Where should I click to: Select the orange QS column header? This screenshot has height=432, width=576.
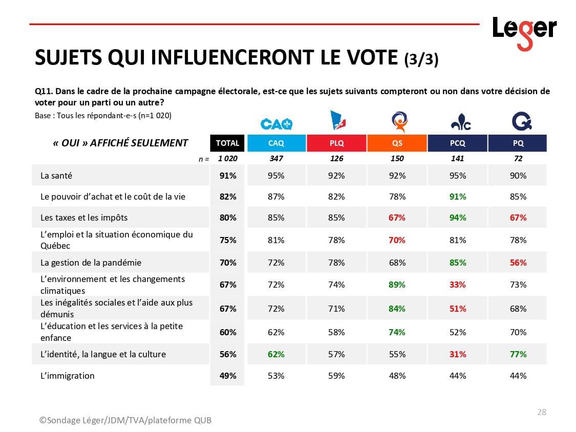click(x=397, y=143)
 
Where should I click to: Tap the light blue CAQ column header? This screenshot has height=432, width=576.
click(x=276, y=143)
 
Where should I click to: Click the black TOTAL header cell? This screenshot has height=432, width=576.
click(x=227, y=143)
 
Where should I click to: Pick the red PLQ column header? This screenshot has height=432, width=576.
click(x=336, y=143)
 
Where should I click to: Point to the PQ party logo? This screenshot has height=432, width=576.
click(x=521, y=121)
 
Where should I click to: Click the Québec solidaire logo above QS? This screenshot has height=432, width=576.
click(x=399, y=122)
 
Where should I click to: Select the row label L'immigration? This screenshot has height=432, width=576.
click(x=68, y=376)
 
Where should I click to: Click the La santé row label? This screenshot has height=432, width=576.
click(x=56, y=176)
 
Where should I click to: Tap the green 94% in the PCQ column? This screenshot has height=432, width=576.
click(x=458, y=218)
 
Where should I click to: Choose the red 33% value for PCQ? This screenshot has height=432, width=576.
click(x=458, y=285)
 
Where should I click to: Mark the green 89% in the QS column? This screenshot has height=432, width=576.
click(x=397, y=285)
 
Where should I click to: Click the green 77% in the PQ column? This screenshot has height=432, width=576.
click(x=518, y=354)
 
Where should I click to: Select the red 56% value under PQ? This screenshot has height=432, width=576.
click(x=518, y=263)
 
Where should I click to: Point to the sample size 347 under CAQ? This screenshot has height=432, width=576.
click(x=276, y=159)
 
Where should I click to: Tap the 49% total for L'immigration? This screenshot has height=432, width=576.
click(x=228, y=376)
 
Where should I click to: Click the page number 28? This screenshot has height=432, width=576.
click(x=541, y=412)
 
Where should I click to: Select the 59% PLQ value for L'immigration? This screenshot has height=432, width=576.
click(x=336, y=376)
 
